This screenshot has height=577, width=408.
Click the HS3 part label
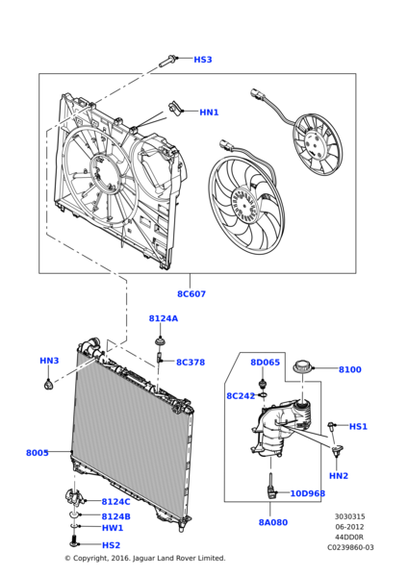click(202, 60)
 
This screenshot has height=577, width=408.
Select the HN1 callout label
click(209, 113)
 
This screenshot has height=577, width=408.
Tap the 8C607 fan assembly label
click(191, 293)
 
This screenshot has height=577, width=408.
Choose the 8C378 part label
click(190, 363)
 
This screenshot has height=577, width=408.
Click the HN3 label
click(49, 361)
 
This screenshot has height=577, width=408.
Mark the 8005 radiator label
click(38, 452)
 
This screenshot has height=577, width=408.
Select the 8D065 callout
click(265, 363)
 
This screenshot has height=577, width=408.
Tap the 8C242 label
click(240, 395)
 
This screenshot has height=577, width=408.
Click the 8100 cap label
click(349, 369)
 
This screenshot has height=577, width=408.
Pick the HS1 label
click(358, 426)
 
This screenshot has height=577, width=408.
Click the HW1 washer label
click(113, 528)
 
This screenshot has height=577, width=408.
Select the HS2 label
click(111, 545)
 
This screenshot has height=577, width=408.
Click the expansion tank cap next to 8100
click(305, 367)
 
